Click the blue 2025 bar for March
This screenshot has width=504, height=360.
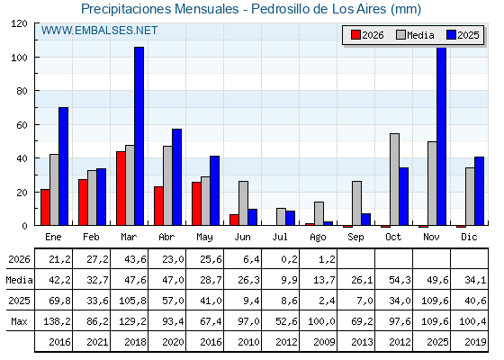(x=139, y=136)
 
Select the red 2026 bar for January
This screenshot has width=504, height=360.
(x=45, y=207)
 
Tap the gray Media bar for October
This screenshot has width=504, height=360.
(x=394, y=179)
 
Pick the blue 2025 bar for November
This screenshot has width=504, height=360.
(x=441, y=136)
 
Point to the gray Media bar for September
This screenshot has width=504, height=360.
(x=356, y=203)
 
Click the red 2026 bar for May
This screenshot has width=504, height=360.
(x=196, y=203)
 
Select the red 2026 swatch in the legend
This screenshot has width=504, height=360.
(x=355, y=35)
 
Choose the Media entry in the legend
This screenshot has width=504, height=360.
(x=415, y=35)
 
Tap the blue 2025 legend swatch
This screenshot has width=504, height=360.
(x=451, y=35)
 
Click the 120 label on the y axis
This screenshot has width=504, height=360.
(x=19, y=23)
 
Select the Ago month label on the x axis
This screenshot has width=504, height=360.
(x=318, y=238)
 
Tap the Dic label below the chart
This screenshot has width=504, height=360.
(x=469, y=237)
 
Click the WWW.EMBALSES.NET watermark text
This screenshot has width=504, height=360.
(x=99, y=31)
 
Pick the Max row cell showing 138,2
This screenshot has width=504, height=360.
(x=57, y=321)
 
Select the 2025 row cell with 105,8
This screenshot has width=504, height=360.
(x=132, y=301)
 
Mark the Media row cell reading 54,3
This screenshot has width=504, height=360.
(x=400, y=280)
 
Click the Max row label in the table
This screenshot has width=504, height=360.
(x=19, y=321)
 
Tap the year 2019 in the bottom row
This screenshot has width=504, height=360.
(x=475, y=342)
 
